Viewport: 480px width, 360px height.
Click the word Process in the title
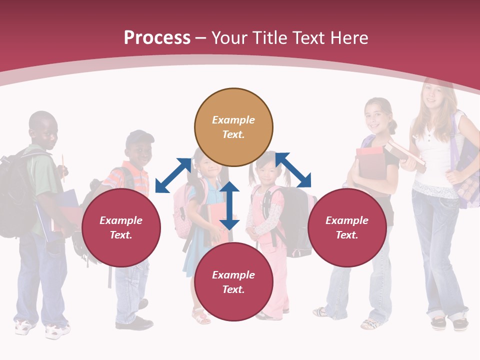tap(157, 38)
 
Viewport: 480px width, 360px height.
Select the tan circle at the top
tap(233, 127)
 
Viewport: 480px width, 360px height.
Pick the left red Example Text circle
tap(121, 227)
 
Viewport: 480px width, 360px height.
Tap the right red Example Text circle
tap(347, 227)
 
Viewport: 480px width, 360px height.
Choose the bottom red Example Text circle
tap(233, 282)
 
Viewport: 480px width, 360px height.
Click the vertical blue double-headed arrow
tap(229, 205)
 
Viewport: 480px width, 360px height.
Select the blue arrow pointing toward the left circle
tap(173, 175)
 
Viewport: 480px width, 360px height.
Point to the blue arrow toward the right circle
tap(293, 170)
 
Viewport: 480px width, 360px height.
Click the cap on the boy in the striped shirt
tap(139, 138)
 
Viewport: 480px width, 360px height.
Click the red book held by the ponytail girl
tap(370, 162)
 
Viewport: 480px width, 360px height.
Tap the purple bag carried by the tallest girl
tap(467, 170)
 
